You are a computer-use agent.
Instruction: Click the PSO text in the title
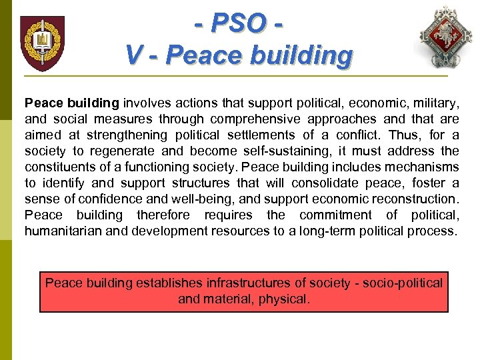pos(239,24)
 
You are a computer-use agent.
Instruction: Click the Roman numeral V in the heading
pos(133,55)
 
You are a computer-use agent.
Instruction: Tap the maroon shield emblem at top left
pos(42,43)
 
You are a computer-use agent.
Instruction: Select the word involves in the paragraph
pos(144,103)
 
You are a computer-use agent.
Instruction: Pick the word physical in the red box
pos(287,299)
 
